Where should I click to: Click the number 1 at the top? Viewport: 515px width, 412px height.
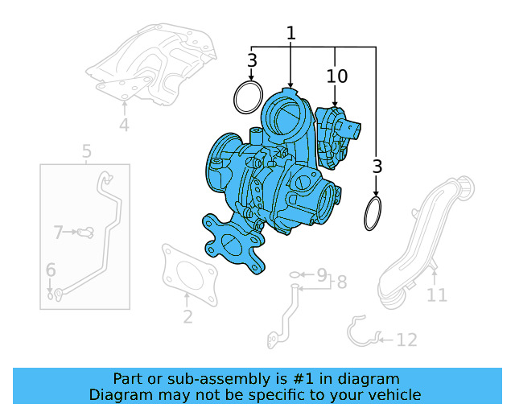290,34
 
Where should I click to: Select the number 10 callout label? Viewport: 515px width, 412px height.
337,76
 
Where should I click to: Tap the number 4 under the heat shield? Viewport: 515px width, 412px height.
124,126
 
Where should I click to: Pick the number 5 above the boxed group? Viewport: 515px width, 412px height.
87,151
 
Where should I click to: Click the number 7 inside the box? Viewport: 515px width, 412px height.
58,233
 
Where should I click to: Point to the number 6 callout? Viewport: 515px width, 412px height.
50,270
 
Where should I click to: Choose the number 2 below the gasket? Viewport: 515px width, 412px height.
187,317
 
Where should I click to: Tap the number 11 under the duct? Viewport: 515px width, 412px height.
436,295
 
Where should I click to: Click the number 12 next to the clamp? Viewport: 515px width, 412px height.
407,340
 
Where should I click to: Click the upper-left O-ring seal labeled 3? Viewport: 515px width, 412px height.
249,98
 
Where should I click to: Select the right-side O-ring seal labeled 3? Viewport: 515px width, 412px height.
373,214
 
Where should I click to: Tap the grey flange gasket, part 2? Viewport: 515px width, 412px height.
190,274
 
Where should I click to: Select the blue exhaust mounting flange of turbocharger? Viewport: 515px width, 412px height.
234,244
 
